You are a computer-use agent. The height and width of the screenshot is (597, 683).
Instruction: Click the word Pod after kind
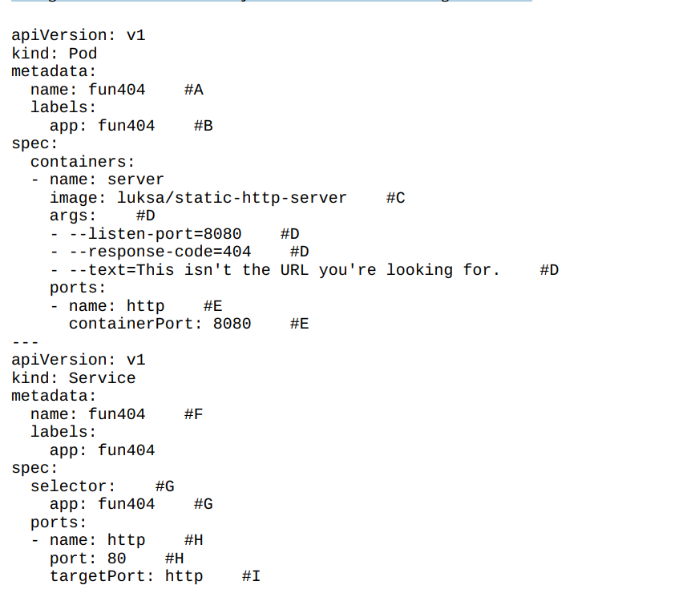(x=83, y=54)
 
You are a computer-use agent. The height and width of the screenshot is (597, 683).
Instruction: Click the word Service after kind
(x=102, y=378)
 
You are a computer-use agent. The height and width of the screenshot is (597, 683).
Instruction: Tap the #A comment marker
(x=193, y=90)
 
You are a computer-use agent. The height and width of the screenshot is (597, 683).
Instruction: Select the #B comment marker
(x=203, y=126)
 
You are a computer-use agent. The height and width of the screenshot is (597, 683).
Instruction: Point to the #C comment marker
(x=395, y=198)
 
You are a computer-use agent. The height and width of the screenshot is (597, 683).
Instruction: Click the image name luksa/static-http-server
(x=232, y=198)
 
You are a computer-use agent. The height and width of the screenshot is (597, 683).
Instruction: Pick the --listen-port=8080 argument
(x=155, y=234)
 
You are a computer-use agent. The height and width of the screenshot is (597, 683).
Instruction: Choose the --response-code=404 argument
(x=160, y=252)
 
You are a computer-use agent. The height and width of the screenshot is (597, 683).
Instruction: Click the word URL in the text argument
(x=294, y=270)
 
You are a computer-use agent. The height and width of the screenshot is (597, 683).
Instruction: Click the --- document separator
(x=26, y=342)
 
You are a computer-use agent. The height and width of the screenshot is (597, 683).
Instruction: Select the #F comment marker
(x=193, y=414)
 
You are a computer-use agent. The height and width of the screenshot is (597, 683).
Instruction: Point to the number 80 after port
(x=117, y=559)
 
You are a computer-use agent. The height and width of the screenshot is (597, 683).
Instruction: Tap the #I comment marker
(x=251, y=576)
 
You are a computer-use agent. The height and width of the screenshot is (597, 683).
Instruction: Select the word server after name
(x=135, y=180)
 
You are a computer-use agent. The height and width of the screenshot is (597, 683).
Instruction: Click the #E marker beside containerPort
(x=299, y=324)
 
